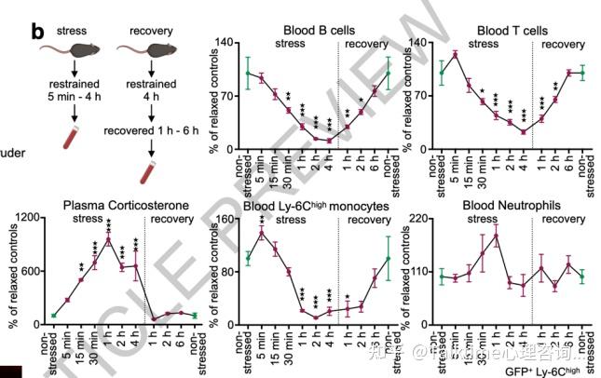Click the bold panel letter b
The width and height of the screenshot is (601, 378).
click(38, 31)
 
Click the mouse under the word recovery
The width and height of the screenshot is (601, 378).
click(152, 47)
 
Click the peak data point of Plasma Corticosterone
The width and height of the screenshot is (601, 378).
click(109, 239)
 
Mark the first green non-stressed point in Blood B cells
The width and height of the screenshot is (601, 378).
click(249, 73)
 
